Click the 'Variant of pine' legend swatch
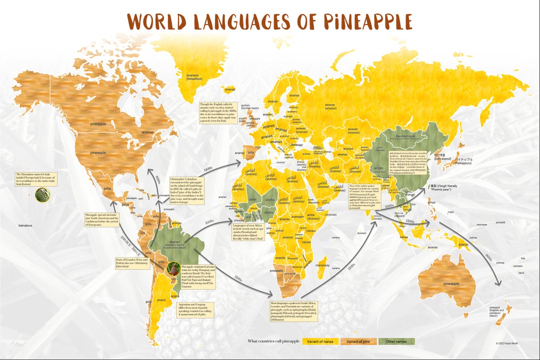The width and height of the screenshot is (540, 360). [343, 341]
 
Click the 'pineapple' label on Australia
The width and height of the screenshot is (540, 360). [451, 283]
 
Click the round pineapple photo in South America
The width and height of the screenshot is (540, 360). [174, 269]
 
